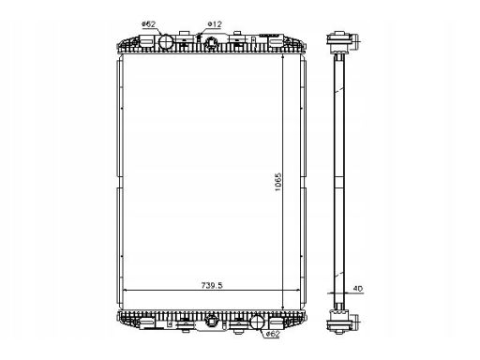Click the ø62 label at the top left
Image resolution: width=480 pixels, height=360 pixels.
(x=148, y=24)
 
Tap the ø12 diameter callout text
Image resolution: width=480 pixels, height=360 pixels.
(x=215, y=24)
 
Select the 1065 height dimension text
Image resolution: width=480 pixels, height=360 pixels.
(x=277, y=182)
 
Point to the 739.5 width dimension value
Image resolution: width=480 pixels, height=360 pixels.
(x=212, y=285)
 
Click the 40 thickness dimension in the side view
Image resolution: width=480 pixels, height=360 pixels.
(x=358, y=289)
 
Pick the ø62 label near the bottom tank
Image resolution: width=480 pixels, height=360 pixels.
(x=273, y=334)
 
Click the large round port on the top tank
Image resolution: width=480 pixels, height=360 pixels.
(x=165, y=41)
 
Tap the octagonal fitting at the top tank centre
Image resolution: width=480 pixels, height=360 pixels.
(x=211, y=43)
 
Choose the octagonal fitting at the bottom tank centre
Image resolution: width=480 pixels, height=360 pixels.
(x=212, y=320)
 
